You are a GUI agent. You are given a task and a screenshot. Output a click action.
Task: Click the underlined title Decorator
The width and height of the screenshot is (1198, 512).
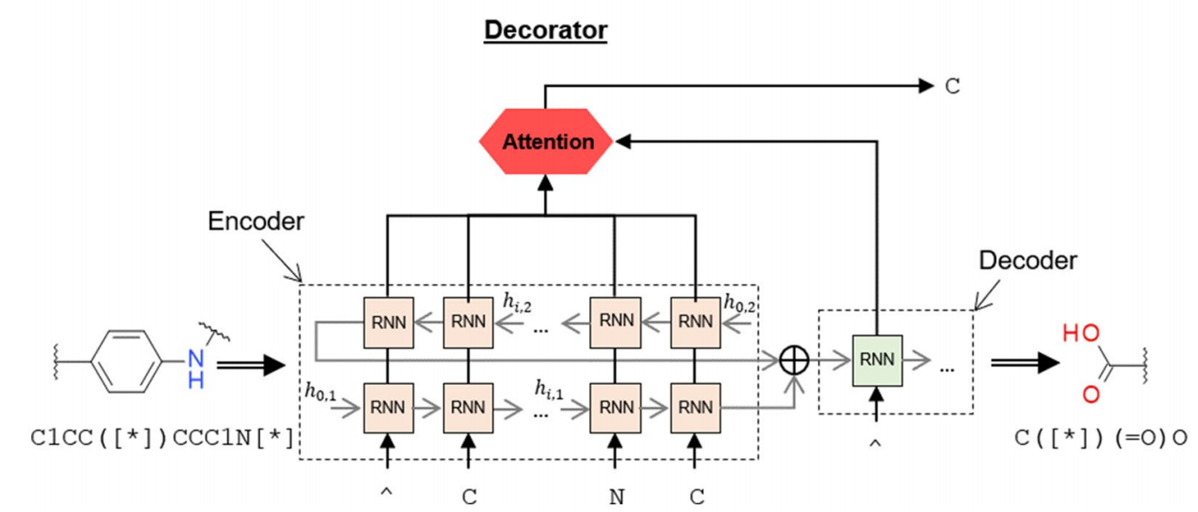point(545,30)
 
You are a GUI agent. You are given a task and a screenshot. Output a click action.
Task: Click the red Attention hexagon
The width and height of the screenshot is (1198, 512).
point(546,141)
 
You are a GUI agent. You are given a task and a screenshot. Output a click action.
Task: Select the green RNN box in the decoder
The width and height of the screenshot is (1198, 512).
point(877,360)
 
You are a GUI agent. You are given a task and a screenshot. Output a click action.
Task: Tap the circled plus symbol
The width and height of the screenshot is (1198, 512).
point(793,360)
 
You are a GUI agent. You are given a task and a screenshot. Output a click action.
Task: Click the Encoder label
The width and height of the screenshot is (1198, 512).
point(256,222)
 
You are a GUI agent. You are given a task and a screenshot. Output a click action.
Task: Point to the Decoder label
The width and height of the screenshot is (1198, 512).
point(1027,259)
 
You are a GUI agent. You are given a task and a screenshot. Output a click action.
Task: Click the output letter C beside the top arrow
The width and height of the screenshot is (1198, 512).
point(953,86)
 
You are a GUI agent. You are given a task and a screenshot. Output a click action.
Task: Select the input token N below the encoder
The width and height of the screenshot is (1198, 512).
point(617,497)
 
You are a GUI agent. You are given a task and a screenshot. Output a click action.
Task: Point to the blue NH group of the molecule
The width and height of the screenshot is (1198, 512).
point(197,368)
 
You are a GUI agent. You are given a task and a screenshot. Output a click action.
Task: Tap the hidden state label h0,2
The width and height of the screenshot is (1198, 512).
point(740,301)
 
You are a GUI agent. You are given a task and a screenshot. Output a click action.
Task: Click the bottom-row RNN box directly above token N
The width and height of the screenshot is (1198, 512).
point(616,407)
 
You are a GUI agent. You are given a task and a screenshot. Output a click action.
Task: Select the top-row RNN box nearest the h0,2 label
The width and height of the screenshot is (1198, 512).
point(695,321)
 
